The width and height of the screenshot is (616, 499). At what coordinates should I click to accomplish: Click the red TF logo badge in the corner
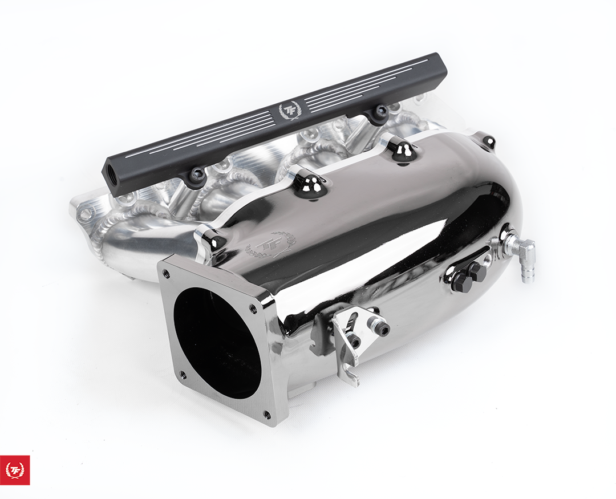[x=15, y=470]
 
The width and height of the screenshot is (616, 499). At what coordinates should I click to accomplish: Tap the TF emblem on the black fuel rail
[x=288, y=110]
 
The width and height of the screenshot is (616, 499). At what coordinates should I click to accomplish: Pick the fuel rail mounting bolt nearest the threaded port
[x=197, y=176]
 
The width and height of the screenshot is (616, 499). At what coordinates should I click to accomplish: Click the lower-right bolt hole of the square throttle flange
[x=267, y=413]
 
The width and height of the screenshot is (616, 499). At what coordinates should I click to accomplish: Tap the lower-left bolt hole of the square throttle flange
[x=183, y=375]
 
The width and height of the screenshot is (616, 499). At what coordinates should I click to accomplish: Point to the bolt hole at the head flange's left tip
[x=85, y=214]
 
